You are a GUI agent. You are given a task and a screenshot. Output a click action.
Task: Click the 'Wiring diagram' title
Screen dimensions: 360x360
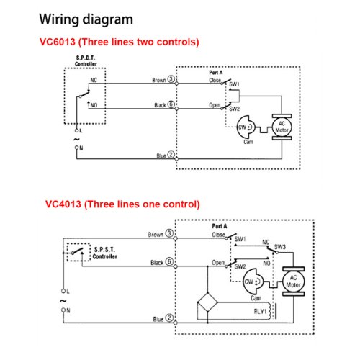coord(86,19)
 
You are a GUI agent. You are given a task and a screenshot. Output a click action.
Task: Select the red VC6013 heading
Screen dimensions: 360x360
coord(120,42)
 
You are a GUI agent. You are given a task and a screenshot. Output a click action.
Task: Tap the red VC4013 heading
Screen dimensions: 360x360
coord(122,204)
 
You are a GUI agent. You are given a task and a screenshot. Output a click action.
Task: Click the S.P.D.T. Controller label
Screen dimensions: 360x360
coord(86,61)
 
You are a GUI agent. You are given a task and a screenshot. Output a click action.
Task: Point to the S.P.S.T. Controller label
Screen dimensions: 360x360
coord(104,253)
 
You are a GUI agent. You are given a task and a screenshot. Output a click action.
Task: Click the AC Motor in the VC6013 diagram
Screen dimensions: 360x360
coord(282,127)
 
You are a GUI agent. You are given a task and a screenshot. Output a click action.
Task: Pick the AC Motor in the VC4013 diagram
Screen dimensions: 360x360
coord(294,282)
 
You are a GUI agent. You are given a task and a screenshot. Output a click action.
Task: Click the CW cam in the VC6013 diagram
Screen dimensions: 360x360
coord(246,127)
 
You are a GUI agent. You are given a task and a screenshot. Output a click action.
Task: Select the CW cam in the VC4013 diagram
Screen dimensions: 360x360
coord(253,282)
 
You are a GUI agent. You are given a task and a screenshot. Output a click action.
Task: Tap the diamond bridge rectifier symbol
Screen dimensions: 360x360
coord(207,302)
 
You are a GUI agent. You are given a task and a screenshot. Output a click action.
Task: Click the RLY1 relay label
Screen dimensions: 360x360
coord(260,312)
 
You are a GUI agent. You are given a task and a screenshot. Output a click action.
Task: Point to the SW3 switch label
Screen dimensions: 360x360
coord(280,247)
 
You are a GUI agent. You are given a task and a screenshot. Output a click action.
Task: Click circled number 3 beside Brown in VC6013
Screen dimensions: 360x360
coord(171,79)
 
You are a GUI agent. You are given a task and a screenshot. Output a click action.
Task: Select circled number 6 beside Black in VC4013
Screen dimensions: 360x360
coord(169,261)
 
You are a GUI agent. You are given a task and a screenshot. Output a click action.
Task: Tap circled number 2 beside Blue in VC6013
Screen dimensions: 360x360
coord(171,155)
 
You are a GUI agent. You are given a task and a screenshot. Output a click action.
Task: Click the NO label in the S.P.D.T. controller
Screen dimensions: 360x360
coord(94,105)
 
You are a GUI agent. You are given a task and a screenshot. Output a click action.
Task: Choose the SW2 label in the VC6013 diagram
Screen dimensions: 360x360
coord(234,109)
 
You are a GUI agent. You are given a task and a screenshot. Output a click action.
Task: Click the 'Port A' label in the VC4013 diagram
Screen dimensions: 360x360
coord(220,226)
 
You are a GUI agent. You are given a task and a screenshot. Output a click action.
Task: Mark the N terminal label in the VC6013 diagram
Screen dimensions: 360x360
coord(81,148)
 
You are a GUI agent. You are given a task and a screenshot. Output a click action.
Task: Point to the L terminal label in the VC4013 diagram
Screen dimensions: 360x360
coord(68,292)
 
